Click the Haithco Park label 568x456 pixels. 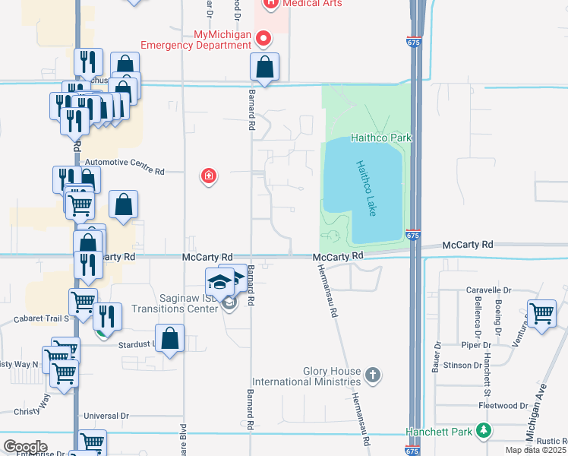point(380,138)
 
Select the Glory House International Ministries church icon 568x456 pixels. point(372,375)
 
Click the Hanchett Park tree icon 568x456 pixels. point(484,432)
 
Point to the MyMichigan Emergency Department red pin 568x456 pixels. point(263,36)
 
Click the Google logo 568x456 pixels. point(25,446)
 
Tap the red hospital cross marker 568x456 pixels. point(208,177)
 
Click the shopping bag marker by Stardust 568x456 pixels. point(170,338)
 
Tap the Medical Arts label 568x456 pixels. point(312,4)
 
